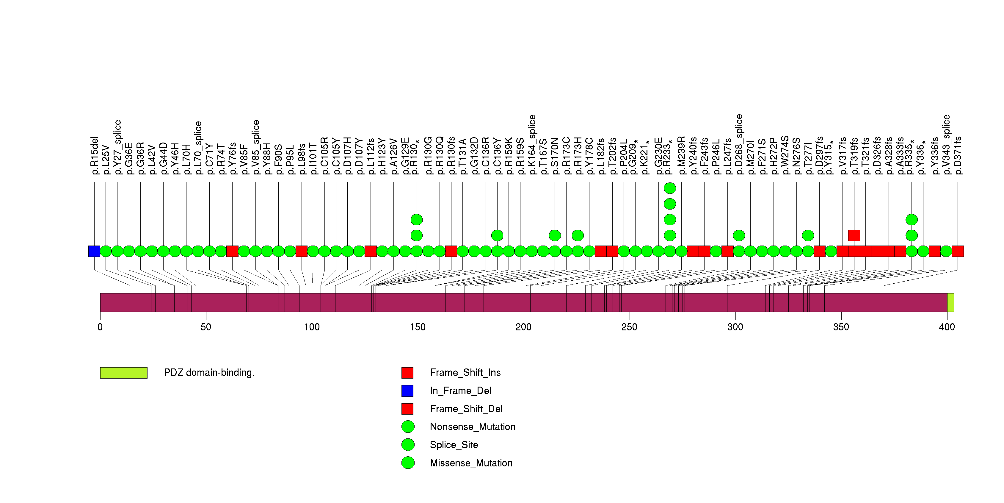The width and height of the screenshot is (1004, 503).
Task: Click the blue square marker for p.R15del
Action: tap(94, 251)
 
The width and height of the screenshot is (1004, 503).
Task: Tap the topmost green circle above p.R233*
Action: tap(670, 188)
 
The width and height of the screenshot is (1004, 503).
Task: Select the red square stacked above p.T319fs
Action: tap(854, 235)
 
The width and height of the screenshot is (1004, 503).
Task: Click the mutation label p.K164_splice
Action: tap(532, 145)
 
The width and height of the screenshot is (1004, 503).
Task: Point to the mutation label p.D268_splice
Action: tap(739, 144)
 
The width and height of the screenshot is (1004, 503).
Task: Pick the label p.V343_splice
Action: tap(946, 145)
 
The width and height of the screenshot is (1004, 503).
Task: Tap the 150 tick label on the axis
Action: tap(418, 327)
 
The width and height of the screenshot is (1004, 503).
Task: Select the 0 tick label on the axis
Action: tap(100, 327)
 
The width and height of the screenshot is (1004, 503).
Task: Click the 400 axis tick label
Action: tap(947, 327)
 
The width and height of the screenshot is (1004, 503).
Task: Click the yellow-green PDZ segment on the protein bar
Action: tap(950, 303)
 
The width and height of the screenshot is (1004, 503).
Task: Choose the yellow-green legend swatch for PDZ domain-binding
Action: tap(124, 373)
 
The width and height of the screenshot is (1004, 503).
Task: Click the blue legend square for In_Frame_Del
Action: tap(407, 391)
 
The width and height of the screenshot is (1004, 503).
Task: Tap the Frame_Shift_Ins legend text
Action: tap(465, 373)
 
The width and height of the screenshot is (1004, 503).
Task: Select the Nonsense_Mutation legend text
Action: tap(473, 427)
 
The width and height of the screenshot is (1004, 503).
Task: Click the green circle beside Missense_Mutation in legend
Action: tap(408, 463)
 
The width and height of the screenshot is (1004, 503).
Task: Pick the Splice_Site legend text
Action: tap(454, 445)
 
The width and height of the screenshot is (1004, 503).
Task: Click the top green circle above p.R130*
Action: tap(417, 220)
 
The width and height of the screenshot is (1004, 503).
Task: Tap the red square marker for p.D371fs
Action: tap(958, 251)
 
